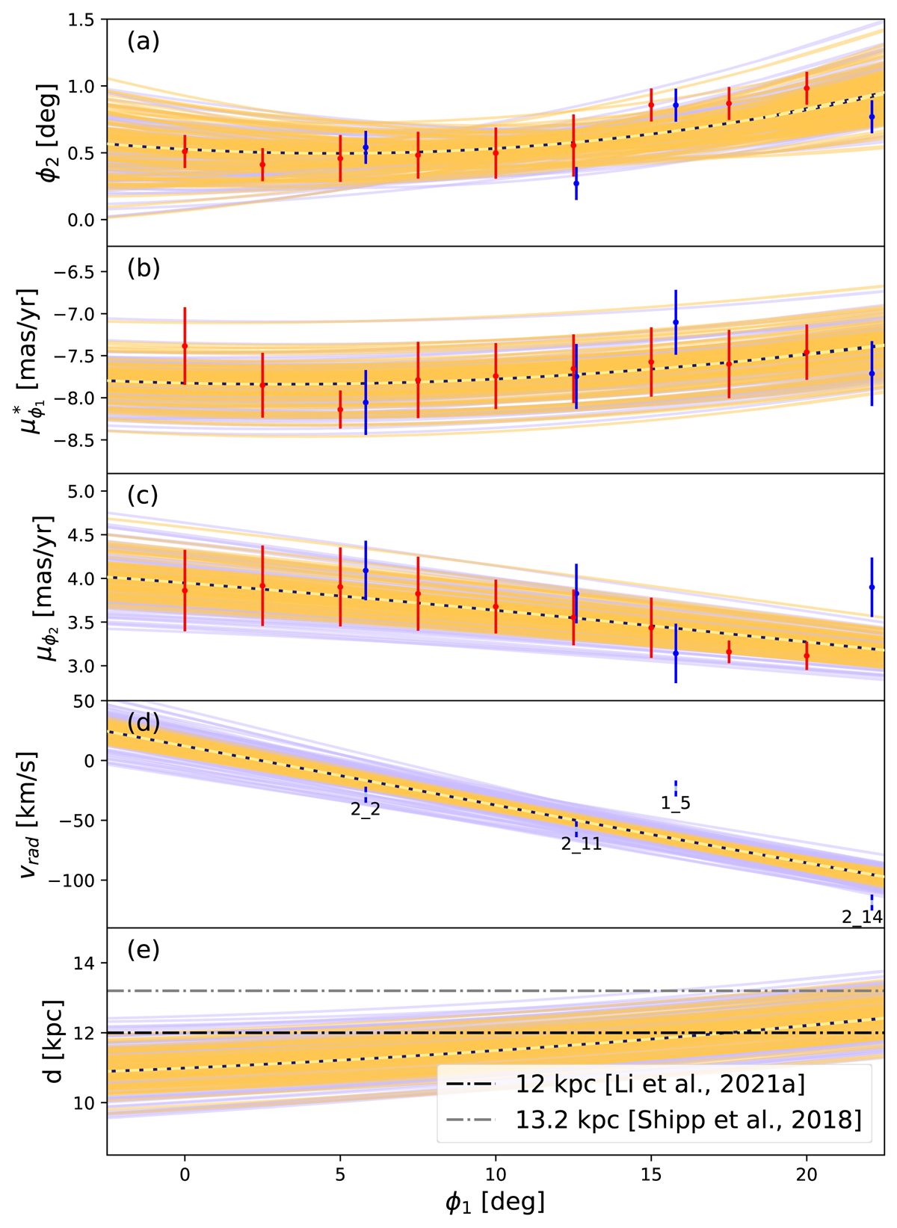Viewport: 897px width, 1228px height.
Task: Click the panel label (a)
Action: (143, 42)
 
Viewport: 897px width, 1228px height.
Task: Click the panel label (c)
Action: (143, 496)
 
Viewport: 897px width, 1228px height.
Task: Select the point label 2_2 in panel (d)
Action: (366, 809)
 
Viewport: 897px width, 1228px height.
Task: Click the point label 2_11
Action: (582, 845)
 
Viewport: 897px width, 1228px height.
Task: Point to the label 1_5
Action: (676, 804)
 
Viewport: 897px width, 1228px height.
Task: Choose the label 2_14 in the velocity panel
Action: (862, 917)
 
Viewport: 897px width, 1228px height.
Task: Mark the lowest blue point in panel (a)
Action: (576, 183)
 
